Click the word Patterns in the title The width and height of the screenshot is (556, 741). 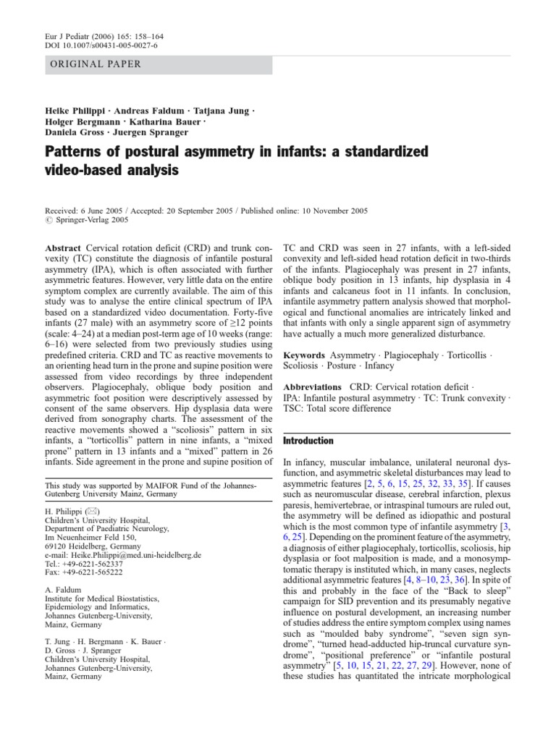(x=75, y=153)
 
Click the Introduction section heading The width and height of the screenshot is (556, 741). (x=308, y=440)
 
